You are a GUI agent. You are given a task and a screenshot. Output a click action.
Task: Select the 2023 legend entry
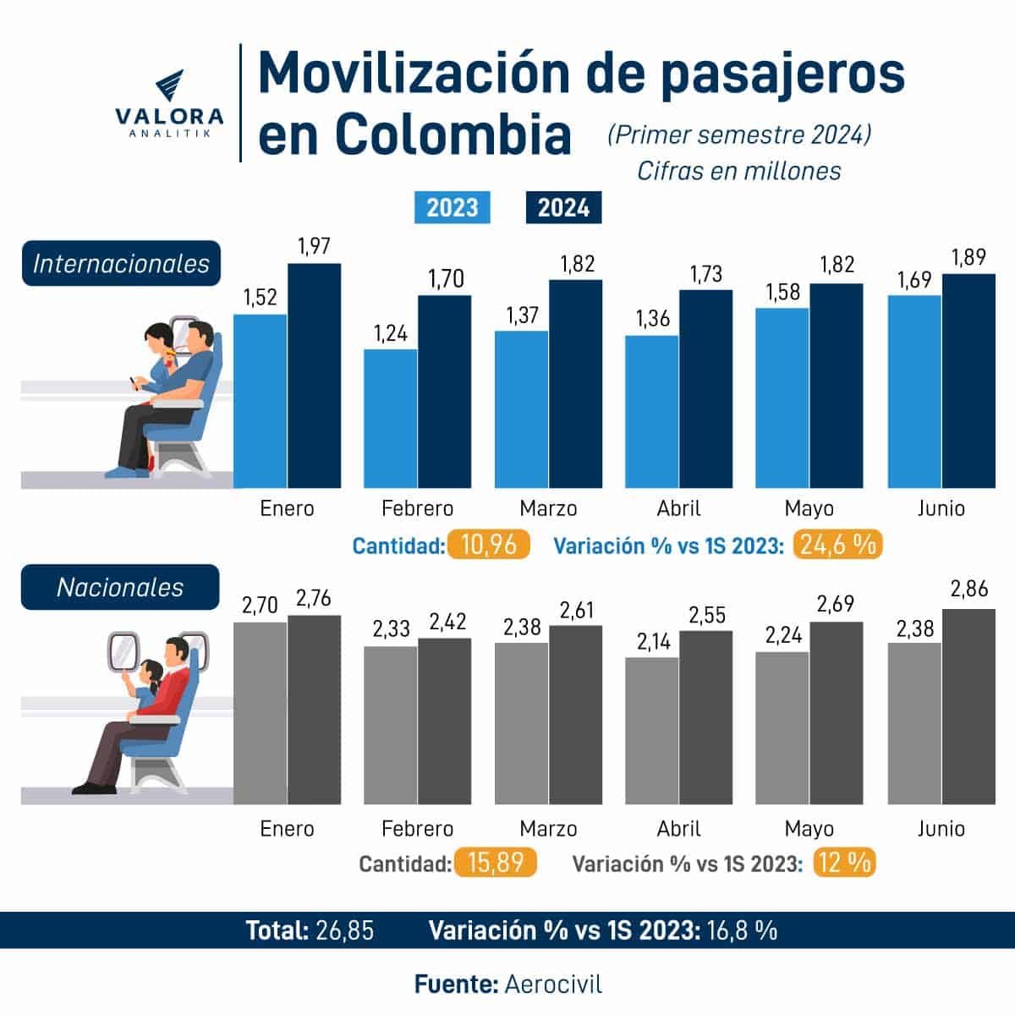[452, 207]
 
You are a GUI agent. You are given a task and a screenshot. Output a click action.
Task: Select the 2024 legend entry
[563, 207]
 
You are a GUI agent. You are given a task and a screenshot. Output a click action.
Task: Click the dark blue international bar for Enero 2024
[315, 376]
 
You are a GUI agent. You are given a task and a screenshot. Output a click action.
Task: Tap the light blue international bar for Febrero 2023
[391, 419]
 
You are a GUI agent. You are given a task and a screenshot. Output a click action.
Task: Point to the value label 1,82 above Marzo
[577, 264]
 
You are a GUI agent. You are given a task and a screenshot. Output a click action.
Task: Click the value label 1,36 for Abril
[652, 319]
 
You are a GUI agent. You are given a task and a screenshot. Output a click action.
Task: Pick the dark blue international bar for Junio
[968, 381]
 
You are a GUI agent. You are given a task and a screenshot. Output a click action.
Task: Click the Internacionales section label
[121, 264]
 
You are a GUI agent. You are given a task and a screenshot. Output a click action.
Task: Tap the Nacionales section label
[120, 587]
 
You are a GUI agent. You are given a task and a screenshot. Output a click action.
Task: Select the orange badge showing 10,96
[489, 545]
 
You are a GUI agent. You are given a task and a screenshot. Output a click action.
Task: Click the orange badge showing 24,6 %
[837, 545]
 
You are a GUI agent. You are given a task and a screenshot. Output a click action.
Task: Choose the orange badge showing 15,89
[496, 864]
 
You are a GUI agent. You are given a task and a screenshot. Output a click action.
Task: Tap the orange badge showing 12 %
[844, 864]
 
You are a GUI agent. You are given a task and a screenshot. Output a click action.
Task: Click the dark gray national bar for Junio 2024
[968, 706]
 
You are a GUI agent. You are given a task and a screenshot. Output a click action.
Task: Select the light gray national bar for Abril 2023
[652, 731]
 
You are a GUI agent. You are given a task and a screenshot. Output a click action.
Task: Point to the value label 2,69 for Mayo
[836, 604]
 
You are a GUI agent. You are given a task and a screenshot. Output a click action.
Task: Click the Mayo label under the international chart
[809, 508]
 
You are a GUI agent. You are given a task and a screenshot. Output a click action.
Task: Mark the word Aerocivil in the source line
[553, 985]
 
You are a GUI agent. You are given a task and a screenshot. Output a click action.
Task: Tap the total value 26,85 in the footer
[344, 930]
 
